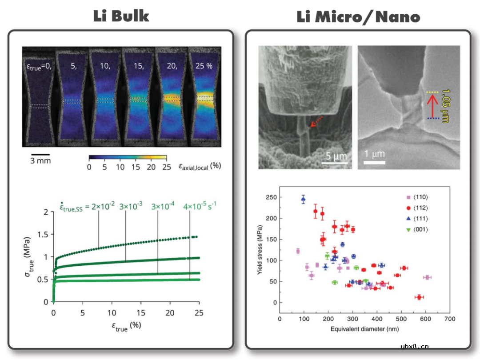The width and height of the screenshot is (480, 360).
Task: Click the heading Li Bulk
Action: click(x=121, y=16)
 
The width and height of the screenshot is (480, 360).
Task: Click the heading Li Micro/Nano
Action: click(x=358, y=17)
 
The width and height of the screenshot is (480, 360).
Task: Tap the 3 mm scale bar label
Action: click(x=40, y=160)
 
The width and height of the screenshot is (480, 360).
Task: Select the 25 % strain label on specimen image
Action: click(x=204, y=66)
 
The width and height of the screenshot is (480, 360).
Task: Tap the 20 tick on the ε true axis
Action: click(x=170, y=313)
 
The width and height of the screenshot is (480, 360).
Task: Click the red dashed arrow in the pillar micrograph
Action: click(x=316, y=122)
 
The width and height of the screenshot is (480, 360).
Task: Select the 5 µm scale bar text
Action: click(x=334, y=156)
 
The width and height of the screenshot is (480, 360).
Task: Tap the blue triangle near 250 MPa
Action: click(x=303, y=199)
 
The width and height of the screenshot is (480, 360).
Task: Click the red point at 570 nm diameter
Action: click(x=419, y=297)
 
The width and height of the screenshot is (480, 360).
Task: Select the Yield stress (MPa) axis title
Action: click(x=260, y=250)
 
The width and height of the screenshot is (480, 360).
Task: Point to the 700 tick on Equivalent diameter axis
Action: click(x=450, y=319)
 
